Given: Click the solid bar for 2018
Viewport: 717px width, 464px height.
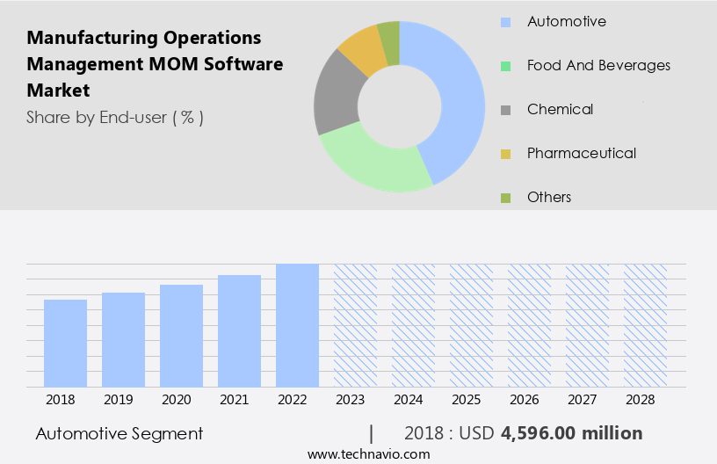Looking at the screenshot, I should (65, 343).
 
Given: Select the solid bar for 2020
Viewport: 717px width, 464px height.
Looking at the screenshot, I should (181, 336).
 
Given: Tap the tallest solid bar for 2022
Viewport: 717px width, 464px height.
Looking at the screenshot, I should (297, 325).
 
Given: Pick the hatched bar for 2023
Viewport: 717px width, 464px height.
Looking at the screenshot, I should (355, 325).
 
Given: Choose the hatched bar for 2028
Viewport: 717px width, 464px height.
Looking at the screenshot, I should (645, 325).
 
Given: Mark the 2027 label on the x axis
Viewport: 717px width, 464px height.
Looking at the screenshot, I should (587, 400).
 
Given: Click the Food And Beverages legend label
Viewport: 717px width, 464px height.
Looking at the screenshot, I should (597, 65).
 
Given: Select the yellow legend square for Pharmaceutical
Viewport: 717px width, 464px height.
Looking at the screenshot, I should (505, 155).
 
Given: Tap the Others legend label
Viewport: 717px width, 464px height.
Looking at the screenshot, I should (548, 197).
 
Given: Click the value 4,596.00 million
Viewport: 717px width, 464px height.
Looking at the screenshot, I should (571, 433).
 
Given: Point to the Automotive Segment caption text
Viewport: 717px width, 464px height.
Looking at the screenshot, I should (119, 433).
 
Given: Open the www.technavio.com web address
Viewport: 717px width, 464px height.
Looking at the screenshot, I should (368, 453).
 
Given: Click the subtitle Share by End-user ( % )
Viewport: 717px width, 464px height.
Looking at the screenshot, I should (115, 117).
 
